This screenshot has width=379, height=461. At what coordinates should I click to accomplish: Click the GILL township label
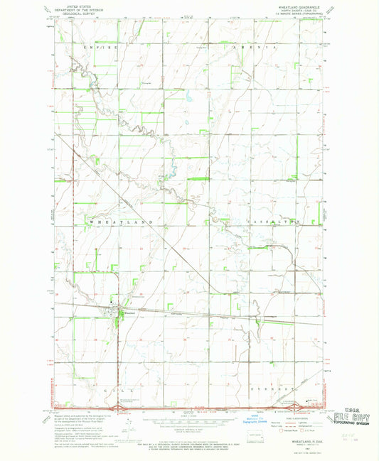click(102, 391)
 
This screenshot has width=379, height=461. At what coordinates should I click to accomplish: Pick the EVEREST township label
click(271, 391)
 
